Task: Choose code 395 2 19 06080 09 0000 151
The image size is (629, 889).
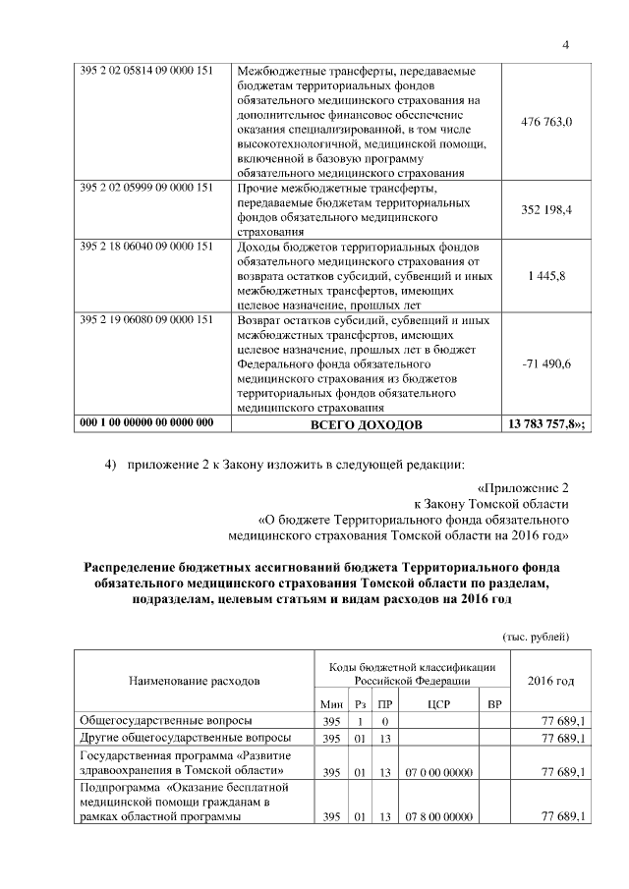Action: pyautogui.click(x=146, y=320)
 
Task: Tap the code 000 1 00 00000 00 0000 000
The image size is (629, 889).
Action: pyautogui.click(x=146, y=424)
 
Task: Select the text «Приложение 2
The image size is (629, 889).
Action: pyautogui.click(x=522, y=486)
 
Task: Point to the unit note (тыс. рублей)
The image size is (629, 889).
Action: pyautogui.click(x=535, y=637)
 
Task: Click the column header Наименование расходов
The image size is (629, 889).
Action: pyautogui.click(x=194, y=680)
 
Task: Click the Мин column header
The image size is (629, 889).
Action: pyautogui.click(x=331, y=704)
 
